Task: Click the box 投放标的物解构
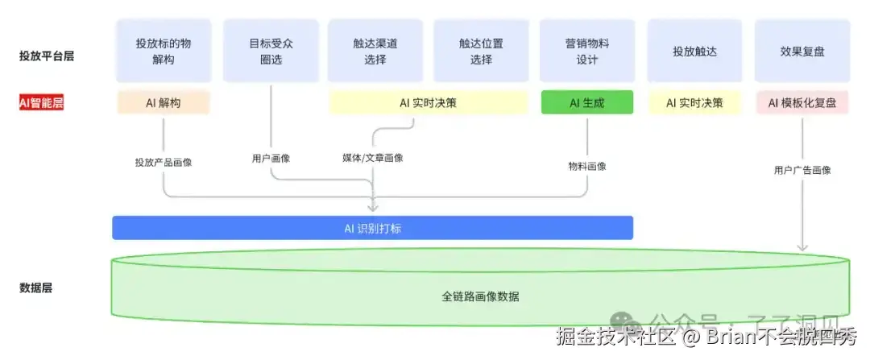164,51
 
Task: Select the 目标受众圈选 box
271,51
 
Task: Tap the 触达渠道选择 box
375,51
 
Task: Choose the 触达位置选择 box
481,51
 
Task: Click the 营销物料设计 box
586,51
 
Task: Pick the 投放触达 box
694,51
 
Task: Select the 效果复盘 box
802,51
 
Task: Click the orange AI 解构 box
164,103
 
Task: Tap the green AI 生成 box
586,103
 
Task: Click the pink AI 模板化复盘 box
802,103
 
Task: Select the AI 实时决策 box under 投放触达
694,103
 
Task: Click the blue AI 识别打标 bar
372,228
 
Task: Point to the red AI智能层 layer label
41,103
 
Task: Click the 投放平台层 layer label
41,56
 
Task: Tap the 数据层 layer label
35,288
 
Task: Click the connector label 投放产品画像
164,162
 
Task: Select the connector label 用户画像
271,158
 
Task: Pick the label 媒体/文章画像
372,158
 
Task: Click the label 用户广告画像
802,170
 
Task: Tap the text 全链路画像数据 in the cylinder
480,296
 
